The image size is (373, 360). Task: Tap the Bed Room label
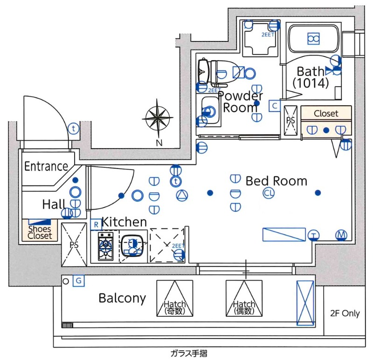tap(276, 181)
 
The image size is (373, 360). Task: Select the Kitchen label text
tap(124, 222)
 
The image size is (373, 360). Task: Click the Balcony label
tap(122, 298)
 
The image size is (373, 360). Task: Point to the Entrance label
tap(46, 166)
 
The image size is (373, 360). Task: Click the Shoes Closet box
tap(40, 232)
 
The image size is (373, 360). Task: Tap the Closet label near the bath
tap(326, 113)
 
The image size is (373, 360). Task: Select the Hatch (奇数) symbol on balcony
tap(175, 299)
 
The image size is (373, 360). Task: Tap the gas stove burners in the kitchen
tap(105, 247)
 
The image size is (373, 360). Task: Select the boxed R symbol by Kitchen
tap(96, 224)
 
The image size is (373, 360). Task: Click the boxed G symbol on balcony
tap(79, 281)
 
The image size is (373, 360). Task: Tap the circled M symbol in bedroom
tap(342, 235)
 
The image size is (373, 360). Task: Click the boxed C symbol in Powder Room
tap(275, 106)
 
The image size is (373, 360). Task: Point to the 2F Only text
tap(345, 313)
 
